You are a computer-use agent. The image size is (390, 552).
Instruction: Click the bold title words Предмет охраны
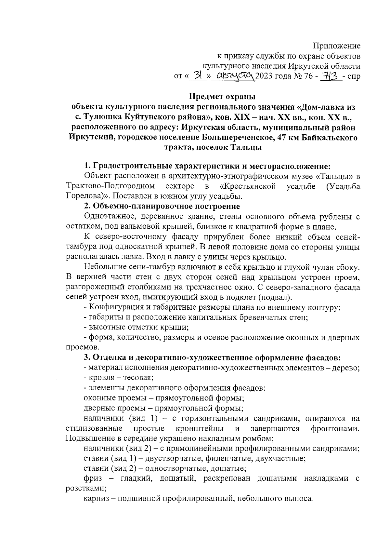click(222, 97)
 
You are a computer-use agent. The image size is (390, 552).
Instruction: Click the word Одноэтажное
click(107, 217)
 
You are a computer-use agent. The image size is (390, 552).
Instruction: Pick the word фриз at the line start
click(93, 478)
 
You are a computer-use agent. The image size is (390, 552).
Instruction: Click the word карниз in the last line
click(97, 498)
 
